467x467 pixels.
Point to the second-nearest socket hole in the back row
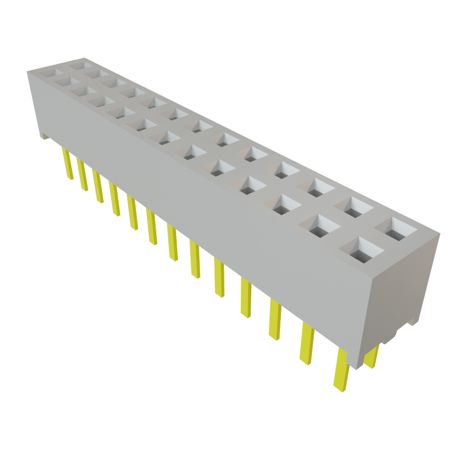tap(357, 208)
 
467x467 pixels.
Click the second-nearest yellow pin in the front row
tap(306, 342)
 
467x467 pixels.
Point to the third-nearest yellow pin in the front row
tap(275, 319)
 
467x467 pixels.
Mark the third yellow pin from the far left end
tap(98, 187)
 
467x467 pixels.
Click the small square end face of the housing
tap(401, 287)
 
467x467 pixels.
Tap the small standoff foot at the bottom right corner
tap(413, 320)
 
